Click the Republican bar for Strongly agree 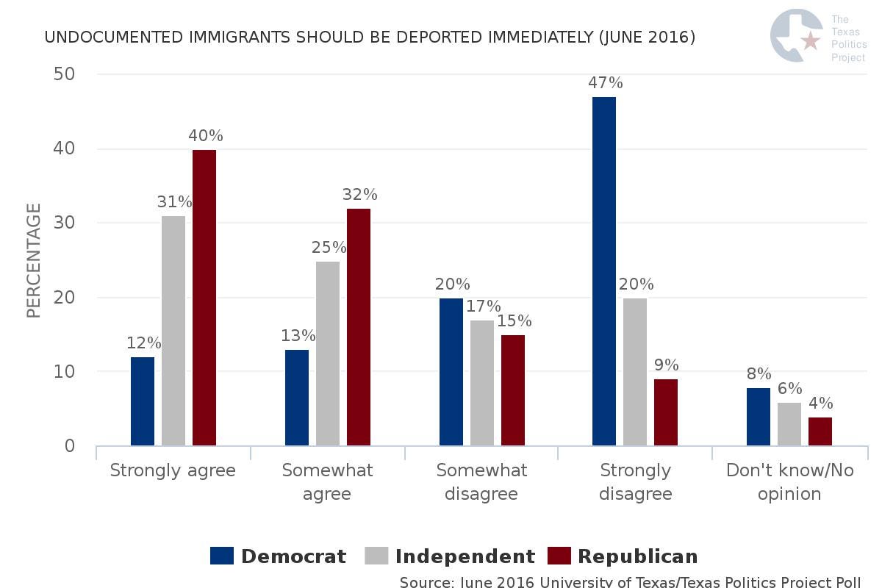click(204, 298)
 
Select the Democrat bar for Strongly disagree click(604, 271)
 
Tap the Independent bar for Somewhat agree click(328, 354)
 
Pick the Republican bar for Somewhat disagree click(513, 390)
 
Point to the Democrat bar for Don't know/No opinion click(759, 417)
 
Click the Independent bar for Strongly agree click(173, 331)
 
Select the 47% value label click(606, 82)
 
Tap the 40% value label click(205, 136)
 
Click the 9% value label click(666, 365)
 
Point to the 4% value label click(820, 404)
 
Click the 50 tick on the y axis click(65, 74)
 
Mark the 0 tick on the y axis click(70, 445)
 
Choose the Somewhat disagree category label click(481, 481)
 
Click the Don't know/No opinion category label click(790, 481)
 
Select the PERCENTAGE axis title click(34, 261)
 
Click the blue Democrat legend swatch click(222, 556)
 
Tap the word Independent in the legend click(465, 556)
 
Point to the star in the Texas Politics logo click(811, 40)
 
